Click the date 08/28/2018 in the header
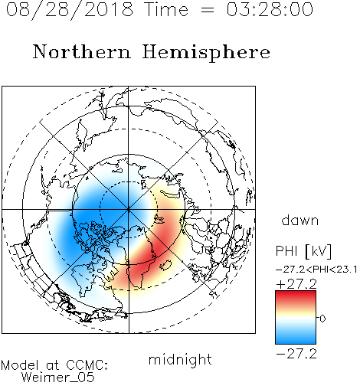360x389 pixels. coord(70,9)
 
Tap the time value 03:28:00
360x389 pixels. coord(270,9)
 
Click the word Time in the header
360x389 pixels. coord(166,9)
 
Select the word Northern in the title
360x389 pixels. coord(82,51)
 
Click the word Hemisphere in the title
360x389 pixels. coord(206,53)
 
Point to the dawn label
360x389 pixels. coord(300,220)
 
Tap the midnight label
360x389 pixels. coord(180,359)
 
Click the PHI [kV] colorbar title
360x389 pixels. coord(303,251)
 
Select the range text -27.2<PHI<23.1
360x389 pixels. coord(316,270)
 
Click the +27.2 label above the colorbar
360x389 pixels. coord(296,284)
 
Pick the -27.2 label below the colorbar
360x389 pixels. coord(296,354)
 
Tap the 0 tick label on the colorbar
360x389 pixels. coord(322,319)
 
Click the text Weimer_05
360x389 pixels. coord(58,378)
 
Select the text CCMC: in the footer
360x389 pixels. coord(87,365)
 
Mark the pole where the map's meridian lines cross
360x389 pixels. coord(129,210)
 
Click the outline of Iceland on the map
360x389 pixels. coord(165,265)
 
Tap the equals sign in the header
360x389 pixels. coord(208,11)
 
